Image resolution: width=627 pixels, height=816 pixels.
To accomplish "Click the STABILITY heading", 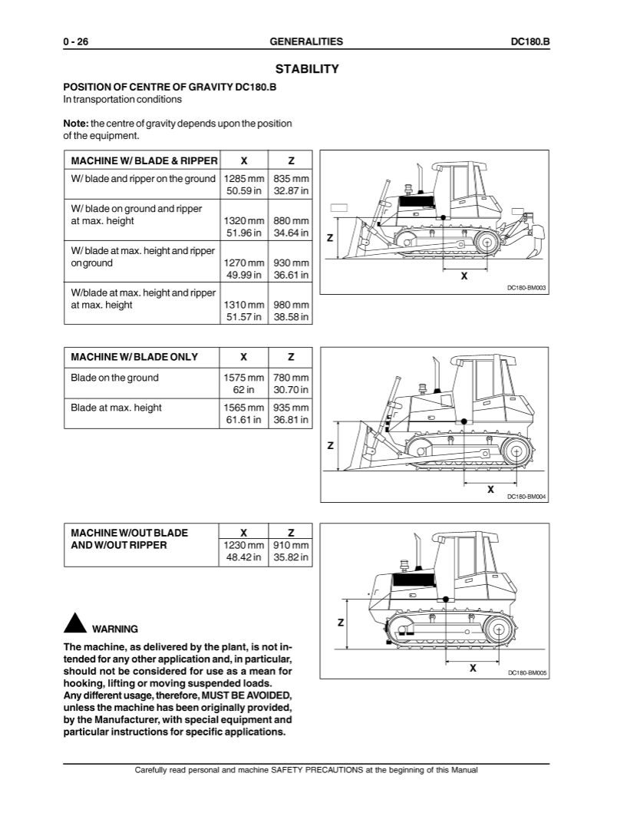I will (306, 69).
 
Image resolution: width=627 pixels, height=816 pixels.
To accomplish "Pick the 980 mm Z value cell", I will (291, 305).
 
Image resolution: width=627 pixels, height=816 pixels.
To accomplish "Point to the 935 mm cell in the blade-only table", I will (291, 408).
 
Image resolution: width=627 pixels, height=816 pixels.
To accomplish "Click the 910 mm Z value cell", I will (291, 545).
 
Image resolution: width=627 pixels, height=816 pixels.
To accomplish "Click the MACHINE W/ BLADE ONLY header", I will (134, 357).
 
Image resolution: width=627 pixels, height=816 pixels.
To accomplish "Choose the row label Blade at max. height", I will (116, 408).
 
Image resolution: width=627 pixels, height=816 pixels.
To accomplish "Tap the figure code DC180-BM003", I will (526, 287).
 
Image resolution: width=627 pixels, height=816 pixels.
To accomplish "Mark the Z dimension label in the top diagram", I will (329, 238).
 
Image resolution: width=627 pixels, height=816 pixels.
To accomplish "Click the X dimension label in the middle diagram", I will (490, 488).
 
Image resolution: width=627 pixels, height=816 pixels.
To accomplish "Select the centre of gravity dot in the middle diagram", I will (464, 421).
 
